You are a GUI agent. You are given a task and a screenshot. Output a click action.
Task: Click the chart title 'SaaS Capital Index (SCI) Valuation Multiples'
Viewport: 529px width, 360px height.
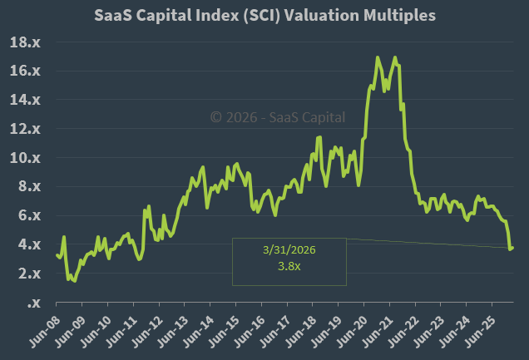click(x=264, y=15)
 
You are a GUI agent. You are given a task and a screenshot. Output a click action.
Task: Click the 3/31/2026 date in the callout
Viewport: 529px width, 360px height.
click(x=289, y=249)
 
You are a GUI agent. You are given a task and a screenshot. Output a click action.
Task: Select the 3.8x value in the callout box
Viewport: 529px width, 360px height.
click(x=289, y=266)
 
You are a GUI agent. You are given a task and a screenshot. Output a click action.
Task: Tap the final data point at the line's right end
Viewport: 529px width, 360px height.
click(x=512, y=247)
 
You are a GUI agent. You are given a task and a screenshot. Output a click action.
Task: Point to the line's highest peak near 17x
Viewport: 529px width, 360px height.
click(x=378, y=57)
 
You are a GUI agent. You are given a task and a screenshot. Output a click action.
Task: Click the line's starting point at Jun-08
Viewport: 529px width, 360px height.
click(x=57, y=254)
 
